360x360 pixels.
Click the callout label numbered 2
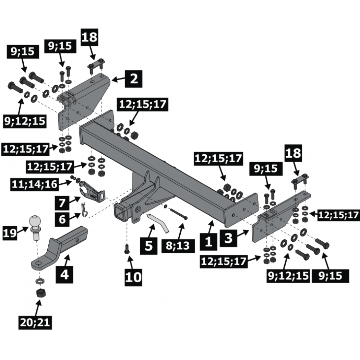[x=134, y=79]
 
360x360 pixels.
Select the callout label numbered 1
[x=208, y=241]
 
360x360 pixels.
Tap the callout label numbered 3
[x=228, y=238]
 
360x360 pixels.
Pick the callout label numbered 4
[x=64, y=275]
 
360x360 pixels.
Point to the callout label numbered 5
[x=149, y=246]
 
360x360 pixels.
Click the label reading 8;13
[x=178, y=246]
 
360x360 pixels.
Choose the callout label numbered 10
[x=133, y=277]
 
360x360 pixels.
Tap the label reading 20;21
[x=35, y=323]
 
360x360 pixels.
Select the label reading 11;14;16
[x=34, y=184]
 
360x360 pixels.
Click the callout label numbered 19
[x=10, y=233]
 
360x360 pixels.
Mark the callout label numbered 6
[x=62, y=219]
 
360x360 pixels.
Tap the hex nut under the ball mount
[x=41, y=293]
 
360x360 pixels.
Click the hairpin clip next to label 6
[x=84, y=209]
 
